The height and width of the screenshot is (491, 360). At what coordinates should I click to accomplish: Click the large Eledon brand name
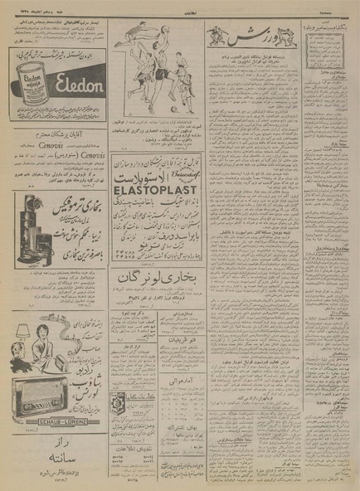(68, 84)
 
